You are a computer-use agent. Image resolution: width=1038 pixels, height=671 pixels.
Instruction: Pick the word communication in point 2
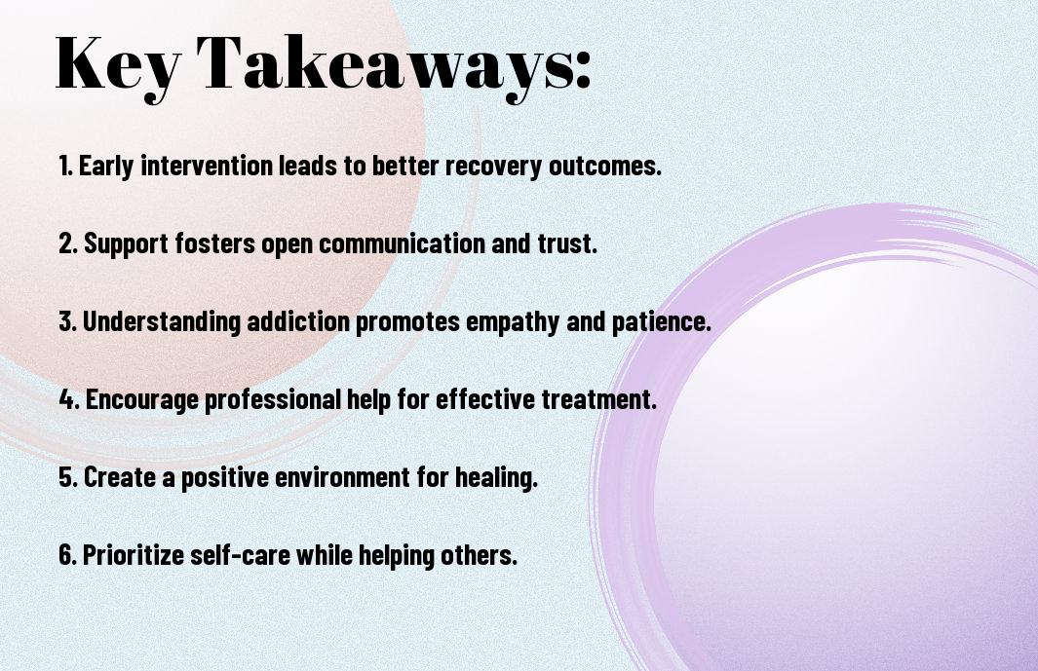coord(402,243)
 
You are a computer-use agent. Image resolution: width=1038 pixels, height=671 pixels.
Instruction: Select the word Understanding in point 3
coord(162,321)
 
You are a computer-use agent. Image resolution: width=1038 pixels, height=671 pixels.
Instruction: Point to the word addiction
coord(298,321)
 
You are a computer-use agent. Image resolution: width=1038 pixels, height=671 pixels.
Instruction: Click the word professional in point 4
coord(273,400)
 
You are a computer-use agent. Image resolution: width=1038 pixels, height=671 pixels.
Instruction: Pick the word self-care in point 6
coord(241,555)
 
